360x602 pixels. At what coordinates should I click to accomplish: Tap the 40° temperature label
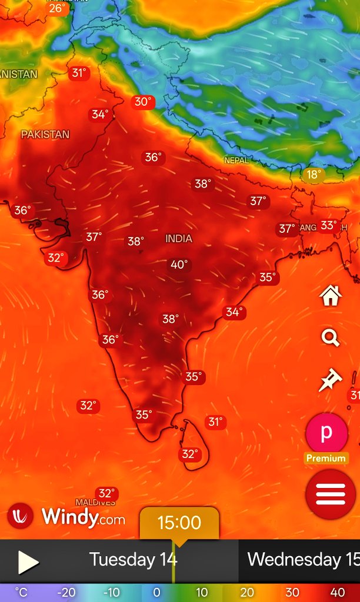click(x=179, y=265)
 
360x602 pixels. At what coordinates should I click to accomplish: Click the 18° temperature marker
click(x=314, y=174)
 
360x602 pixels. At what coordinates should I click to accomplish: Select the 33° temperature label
click(x=328, y=225)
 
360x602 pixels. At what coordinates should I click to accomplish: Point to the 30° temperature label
click(x=143, y=102)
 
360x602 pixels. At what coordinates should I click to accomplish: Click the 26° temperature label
click(x=57, y=8)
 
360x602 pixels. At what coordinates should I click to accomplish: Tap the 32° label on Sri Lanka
click(x=189, y=454)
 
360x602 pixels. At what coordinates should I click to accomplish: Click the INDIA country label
click(x=179, y=238)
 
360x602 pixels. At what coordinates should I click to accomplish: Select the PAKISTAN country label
click(x=45, y=134)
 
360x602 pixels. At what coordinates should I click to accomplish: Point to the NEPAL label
click(x=236, y=160)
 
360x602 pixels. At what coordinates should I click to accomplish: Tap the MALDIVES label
click(x=95, y=503)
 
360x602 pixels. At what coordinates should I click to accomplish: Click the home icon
click(x=331, y=296)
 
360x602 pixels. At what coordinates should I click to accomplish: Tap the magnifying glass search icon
click(x=331, y=338)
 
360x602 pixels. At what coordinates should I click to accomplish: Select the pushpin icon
click(x=330, y=380)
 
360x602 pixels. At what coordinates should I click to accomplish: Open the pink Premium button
click(x=326, y=433)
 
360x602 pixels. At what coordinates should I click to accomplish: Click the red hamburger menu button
click(x=331, y=494)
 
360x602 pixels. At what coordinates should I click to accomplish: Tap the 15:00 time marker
click(x=179, y=522)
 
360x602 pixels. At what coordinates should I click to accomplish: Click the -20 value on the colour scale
click(x=66, y=592)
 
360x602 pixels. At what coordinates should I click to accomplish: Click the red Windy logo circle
click(x=21, y=516)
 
